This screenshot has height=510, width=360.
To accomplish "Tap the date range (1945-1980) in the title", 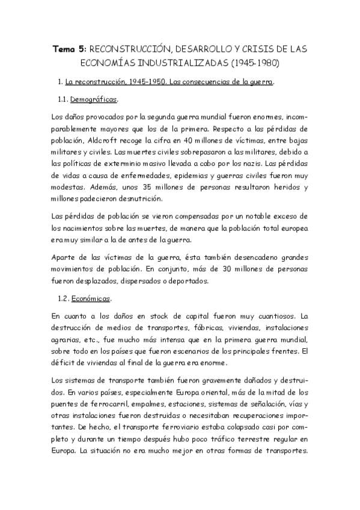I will coord(255,62).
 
